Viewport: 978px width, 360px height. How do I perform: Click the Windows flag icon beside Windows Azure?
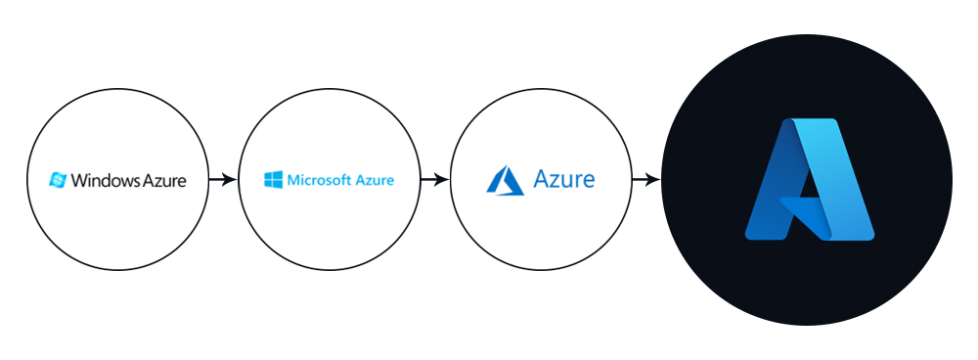(59, 180)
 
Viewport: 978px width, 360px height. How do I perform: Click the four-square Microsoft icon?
(273, 180)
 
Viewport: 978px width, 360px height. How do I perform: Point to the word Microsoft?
(320, 180)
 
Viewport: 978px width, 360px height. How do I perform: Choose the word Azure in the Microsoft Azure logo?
(376, 180)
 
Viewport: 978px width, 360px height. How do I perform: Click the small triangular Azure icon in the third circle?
(506, 180)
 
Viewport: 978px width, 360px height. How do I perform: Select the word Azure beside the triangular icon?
(564, 180)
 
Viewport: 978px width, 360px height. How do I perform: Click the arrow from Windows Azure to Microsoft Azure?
(224, 180)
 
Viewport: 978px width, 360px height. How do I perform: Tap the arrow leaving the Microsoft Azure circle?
(435, 180)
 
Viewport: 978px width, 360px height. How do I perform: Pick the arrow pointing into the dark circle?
(646, 180)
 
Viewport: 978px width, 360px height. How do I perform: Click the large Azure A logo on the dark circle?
(808, 179)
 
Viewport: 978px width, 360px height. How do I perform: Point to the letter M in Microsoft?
(292, 180)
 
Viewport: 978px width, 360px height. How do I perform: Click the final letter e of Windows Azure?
(181, 181)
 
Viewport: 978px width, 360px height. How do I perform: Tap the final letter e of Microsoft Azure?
(389, 181)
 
